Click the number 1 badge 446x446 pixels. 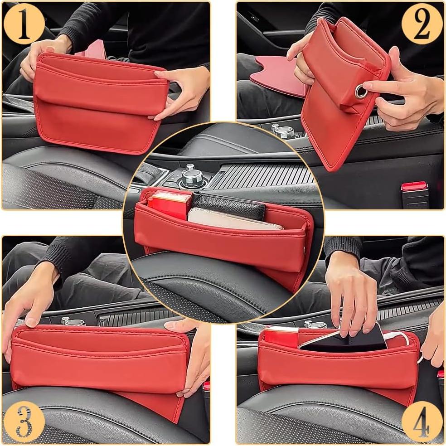pyautogui.click(x=24, y=24)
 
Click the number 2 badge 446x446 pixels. pyautogui.click(x=422, y=24)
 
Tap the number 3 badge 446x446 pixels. pyautogui.click(x=24, y=422)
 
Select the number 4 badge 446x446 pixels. pyautogui.click(x=422, y=422)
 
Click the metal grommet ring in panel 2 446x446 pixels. pyautogui.click(x=361, y=92)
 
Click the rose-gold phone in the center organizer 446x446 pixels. pyautogui.click(x=231, y=220)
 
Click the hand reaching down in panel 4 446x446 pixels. pyautogui.click(x=351, y=290)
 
